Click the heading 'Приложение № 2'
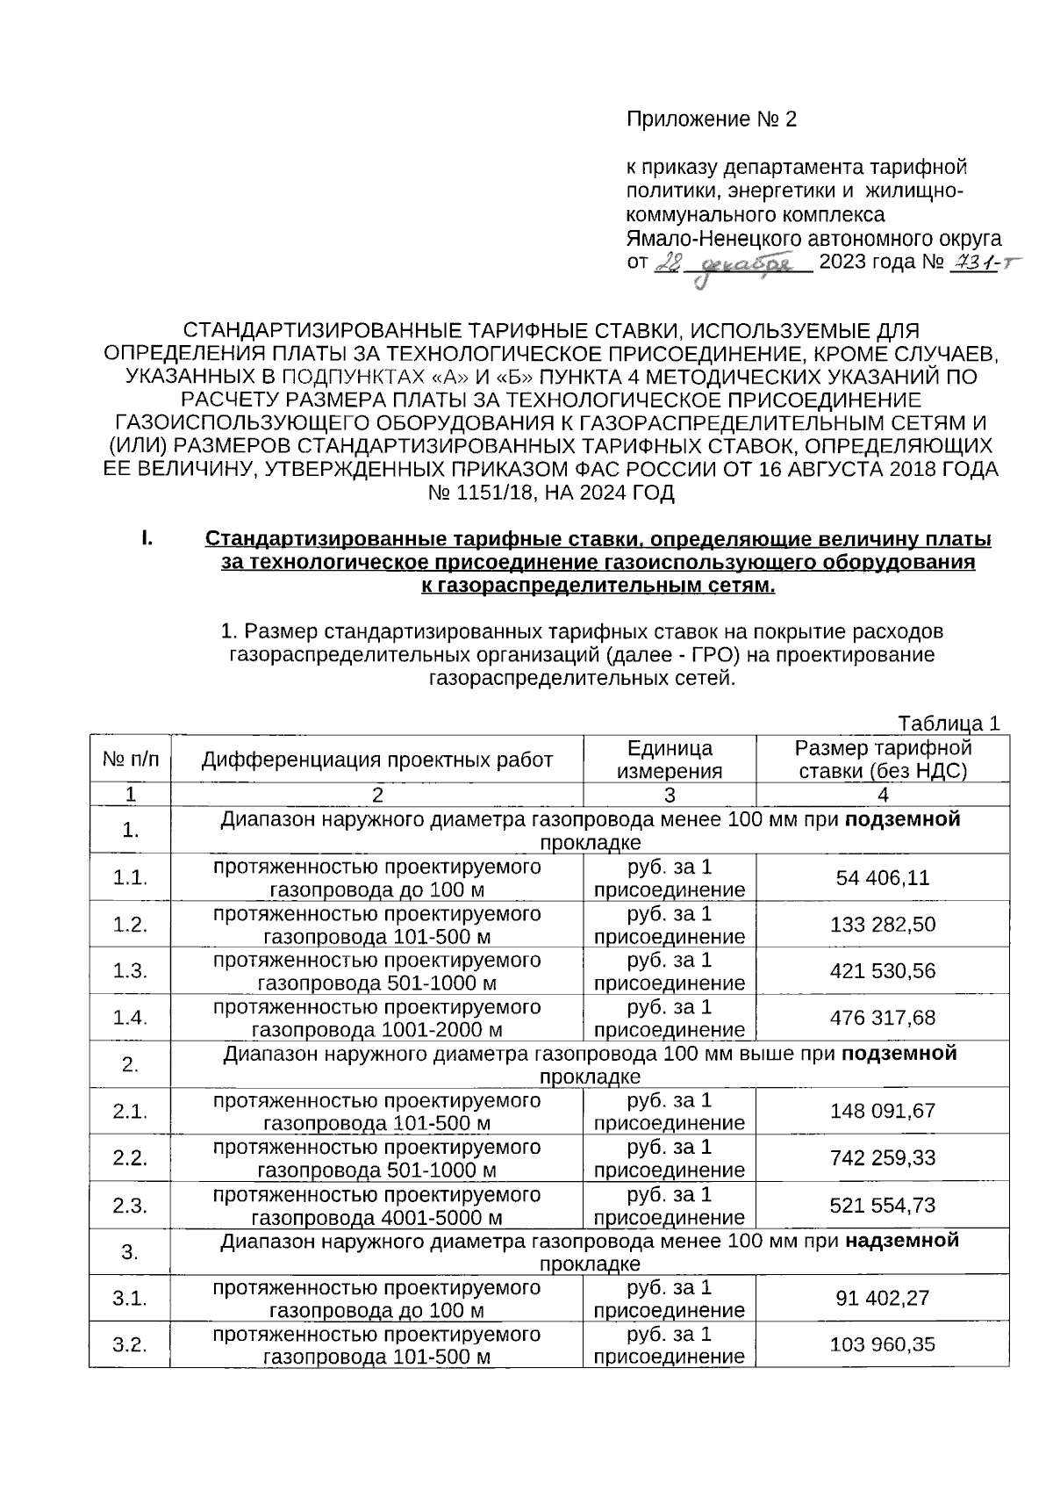pyautogui.click(x=712, y=119)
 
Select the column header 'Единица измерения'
pyautogui.click(x=670, y=760)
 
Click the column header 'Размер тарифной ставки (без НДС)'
pyautogui.click(x=883, y=760)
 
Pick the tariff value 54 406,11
pyautogui.click(x=883, y=878)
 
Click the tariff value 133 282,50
pyautogui.click(x=883, y=925)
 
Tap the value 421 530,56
pyautogui.click(x=883, y=971)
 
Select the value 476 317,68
pyautogui.click(x=883, y=1018)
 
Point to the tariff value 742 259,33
pyautogui.click(x=883, y=1157)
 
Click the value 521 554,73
pyautogui.click(x=883, y=1205)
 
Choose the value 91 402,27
pyautogui.click(x=883, y=1298)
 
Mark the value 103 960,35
pyautogui.click(x=883, y=1344)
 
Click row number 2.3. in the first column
pyautogui.click(x=130, y=1205)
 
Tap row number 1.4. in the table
pyautogui.click(x=130, y=1018)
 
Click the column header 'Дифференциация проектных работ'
pyautogui.click(x=377, y=760)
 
